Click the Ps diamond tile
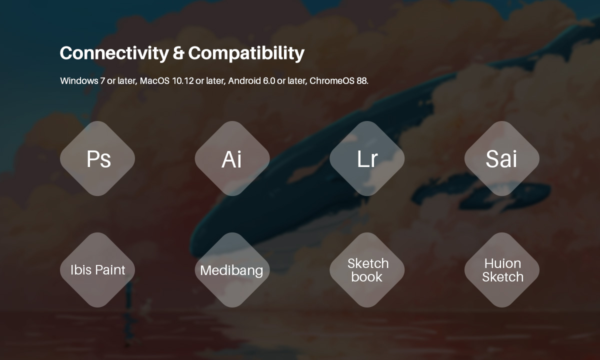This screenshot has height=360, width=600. tap(97, 158)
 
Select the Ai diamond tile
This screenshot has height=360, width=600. tap(232, 158)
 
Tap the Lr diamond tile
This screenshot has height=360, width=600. tap(367, 158)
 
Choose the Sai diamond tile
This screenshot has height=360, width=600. tap(502, 158)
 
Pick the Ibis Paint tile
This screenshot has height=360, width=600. tap(97, 270)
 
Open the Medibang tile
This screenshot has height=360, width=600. tap(232, 270)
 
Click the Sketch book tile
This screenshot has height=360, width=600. tap(367, 270)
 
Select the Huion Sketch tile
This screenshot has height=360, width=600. tap(502, 270)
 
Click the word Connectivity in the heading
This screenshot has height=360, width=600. tap(114, 53)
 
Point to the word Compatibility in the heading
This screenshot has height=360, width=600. tap(246, 53)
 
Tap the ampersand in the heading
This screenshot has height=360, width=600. tap(178, 53)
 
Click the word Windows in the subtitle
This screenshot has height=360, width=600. tap(79, 80)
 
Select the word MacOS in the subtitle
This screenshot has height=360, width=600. tap(154, 80)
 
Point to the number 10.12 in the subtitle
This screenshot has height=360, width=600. tap(183, 80)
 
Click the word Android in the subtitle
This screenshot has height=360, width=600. tap(244, 80)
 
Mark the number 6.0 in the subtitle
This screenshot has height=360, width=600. tap(269, 80)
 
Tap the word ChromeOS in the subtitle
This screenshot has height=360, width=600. tap(332, 80)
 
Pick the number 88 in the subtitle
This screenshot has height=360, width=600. tap(361, 80)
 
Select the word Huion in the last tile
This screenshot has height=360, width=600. tap(503, 263)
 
